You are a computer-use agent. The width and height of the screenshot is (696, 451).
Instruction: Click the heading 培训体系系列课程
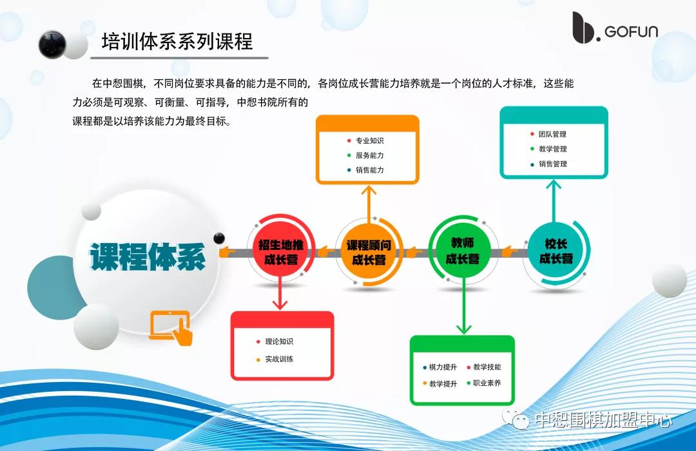tap(177, 42)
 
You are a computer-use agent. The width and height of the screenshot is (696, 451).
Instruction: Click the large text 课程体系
tap(148, 256)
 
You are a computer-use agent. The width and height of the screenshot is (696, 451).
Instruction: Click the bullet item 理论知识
tap(278, 341)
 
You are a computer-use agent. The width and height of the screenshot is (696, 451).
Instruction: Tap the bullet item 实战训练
tap(278, 359)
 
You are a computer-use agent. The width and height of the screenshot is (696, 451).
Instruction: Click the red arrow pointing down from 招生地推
tap(279, 296)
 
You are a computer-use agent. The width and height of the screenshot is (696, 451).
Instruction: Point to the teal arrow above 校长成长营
tap(554, 200)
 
